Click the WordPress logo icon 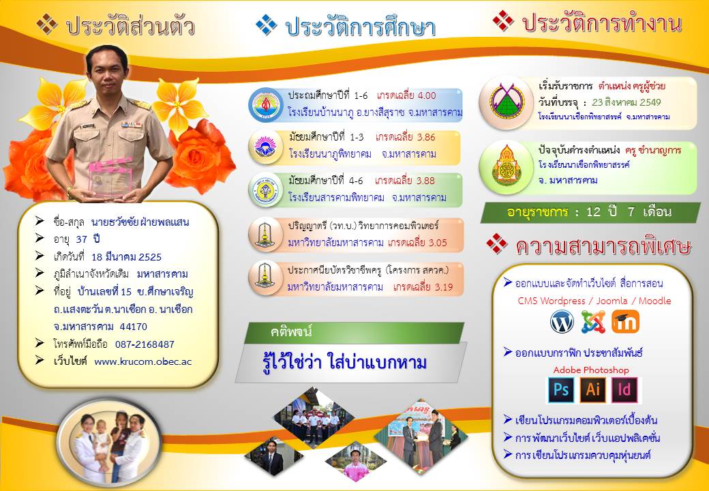click(562, 322)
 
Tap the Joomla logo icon click(593, 322)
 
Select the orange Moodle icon click(625, 321)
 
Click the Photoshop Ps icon click(560, 389)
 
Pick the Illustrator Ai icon click(593, 389)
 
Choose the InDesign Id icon click(624, 389)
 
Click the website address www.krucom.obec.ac click(143, 361)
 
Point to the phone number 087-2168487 click(145, 344)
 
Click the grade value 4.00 click(427, 95)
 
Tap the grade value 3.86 click(426, 137)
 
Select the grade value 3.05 click(437, 243)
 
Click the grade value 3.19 click(443, 287)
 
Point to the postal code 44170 click(134, 327)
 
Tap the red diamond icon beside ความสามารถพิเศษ click(497, 243)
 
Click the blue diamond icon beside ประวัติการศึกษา click(267, 25)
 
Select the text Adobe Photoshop click(591, 370)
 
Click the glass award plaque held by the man click(110, 177)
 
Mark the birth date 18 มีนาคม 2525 click(126, 257)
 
